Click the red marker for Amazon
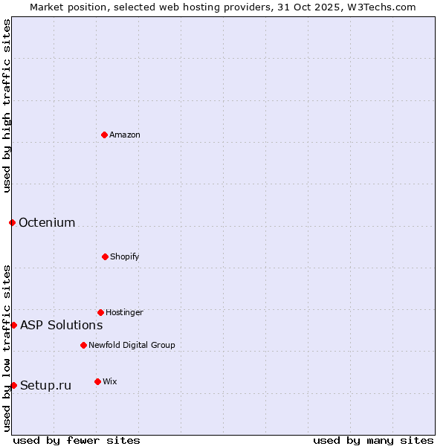click(x=104, y=135)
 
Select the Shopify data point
click(x=105, y=256)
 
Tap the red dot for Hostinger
click(x=100, y=312)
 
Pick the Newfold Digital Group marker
click(x=83, y=345)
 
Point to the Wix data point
click(x=97, y=381)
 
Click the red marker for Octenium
click(x=12, y=222)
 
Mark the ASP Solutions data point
click(x=13, y=325)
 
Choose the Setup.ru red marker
click(x=13, y=385)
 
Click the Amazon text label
click(x=125, y=135)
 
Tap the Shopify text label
click(x=125, y=256)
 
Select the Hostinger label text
click(x=124, y=312)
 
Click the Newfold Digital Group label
click(x=132, y=345)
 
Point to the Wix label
click(x=110, y=381)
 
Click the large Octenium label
click(x=47, y=222)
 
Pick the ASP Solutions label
click(x=61, y=325)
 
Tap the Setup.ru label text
click(x=45, y=385)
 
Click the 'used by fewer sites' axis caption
click(x=77, y=440)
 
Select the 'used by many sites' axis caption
click(x=373, y=440)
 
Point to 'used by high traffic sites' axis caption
click(x=7, y=106)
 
